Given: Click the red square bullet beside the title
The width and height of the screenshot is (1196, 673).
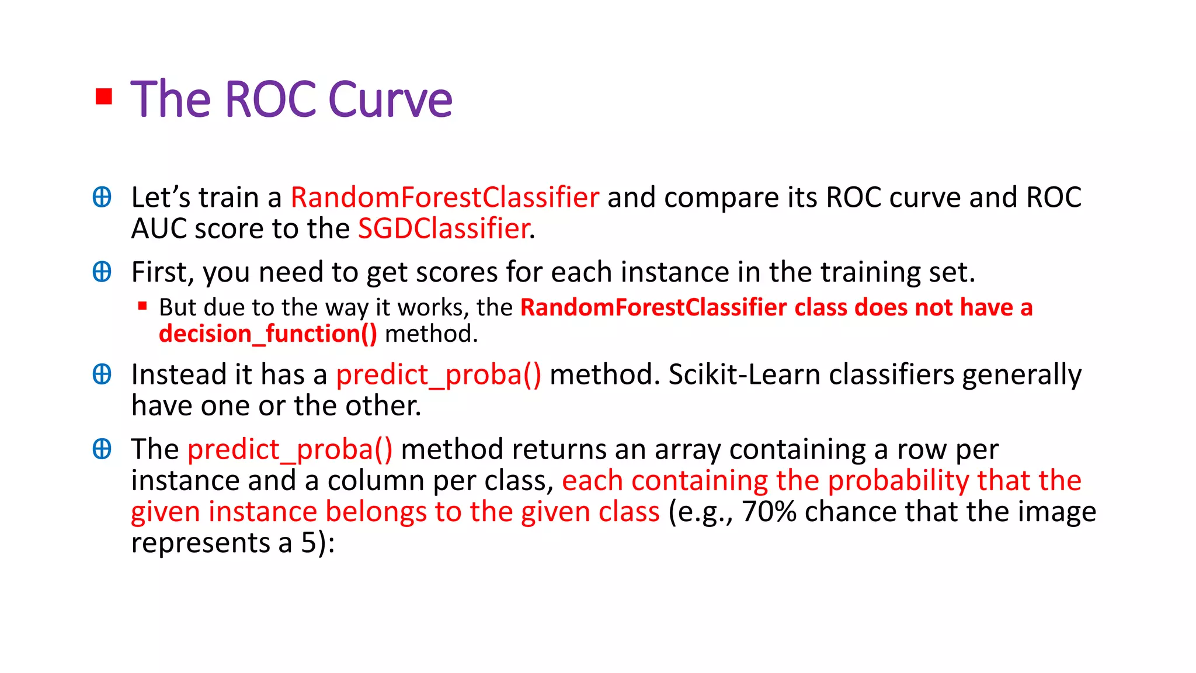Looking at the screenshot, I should (104, 96).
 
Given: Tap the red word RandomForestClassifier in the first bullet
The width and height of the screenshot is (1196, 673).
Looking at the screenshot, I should (444, 197).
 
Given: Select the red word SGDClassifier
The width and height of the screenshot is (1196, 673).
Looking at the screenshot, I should (444, 228).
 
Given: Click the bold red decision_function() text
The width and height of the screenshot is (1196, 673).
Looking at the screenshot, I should (268, 334).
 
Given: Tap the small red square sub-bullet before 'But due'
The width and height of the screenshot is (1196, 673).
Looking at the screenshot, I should (142, 306).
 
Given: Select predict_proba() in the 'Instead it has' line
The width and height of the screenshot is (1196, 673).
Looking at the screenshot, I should (439, 374).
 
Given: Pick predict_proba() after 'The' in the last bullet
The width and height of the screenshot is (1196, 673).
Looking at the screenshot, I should (290, 449).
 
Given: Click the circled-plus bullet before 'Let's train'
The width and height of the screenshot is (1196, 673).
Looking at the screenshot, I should (102, 197).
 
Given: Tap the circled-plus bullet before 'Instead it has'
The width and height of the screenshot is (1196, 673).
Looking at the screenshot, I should (102, 374).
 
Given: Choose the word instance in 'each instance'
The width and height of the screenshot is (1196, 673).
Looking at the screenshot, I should (668, 272).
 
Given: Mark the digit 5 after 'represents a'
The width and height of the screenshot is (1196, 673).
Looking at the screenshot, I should (309, 543).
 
